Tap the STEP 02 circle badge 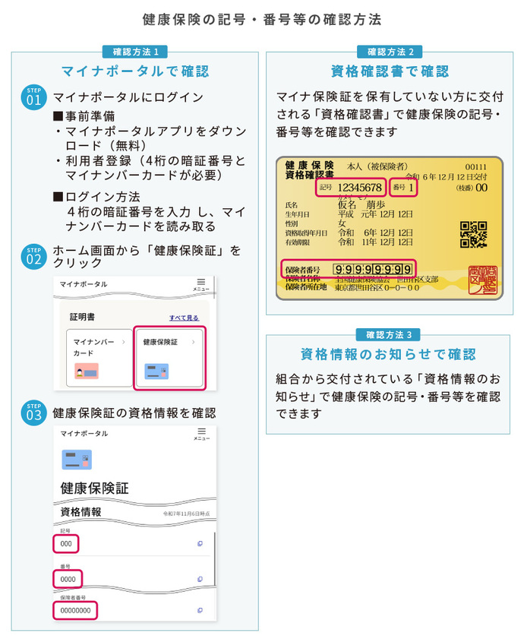coord(34,256)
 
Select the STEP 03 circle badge coord(34,413)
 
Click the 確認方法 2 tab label coord(390,52)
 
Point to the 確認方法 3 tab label coord(388,334)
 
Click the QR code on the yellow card coord(473,235)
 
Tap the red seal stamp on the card coord(483,278)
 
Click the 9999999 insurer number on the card coord(373,269)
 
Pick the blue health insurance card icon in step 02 coord(156,371)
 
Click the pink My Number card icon coord(87,371)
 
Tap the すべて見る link coord(184,318)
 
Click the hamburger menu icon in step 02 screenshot coord(201,282)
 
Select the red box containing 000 coord(66,544)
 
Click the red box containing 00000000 coord(76,611)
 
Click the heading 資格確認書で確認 coord(390,71)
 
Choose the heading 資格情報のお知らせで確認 coord(388,354)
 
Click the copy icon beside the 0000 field coord(200,580)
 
